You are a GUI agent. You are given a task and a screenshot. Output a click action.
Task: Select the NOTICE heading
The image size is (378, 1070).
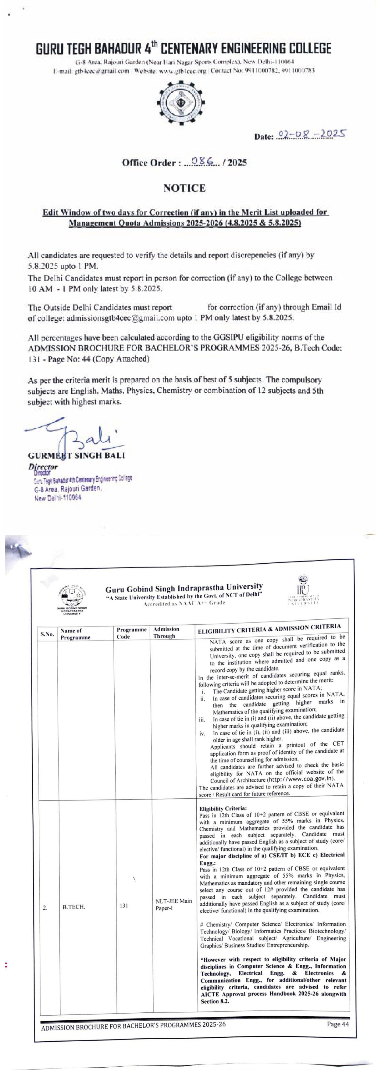click(x=184, y=188)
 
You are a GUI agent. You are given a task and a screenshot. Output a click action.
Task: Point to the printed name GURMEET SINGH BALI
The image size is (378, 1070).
click(x=77, y=455)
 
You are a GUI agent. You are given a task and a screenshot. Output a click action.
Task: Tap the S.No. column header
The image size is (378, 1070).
click(x=47, y=634)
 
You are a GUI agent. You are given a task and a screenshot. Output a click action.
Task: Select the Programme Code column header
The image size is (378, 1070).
click(x=131, y=633)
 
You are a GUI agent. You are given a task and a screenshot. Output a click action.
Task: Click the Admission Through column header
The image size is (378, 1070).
click(x=166, y=632)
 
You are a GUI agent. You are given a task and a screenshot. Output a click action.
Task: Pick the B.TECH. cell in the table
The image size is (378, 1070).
click(x=74, y=907)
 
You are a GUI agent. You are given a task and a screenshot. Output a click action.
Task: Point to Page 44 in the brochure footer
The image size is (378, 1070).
click(x=338, y=1024)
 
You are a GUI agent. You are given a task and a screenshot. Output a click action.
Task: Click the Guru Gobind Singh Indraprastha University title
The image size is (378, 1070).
click(x=184, y=588)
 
